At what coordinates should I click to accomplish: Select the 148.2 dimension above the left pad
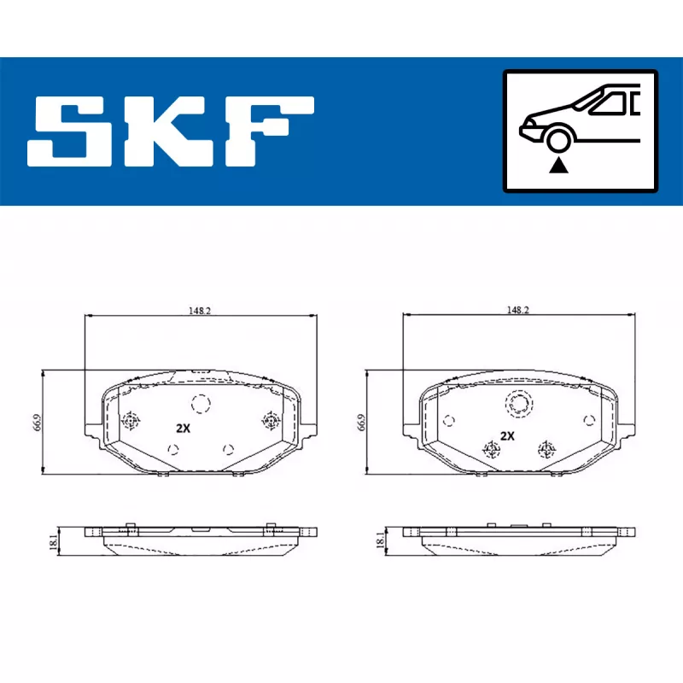pyautogui.click(x=201, y=311)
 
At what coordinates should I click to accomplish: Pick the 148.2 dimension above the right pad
pyautogui.click(x=518, y=311)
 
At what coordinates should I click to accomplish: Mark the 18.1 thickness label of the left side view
pyautogui.click(x=53, y=540)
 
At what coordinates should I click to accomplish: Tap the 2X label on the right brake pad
pyautogui.click(x=507, y=435)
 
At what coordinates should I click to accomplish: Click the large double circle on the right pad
pyautogui.click(x=519, y=403)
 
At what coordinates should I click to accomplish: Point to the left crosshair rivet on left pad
pyautogui.click(x=131, y=420)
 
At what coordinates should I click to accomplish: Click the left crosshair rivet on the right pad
pyautogui.click(x=491, y=449)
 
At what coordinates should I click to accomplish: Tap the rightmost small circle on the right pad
pyautogui.click(x=588, y=419)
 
